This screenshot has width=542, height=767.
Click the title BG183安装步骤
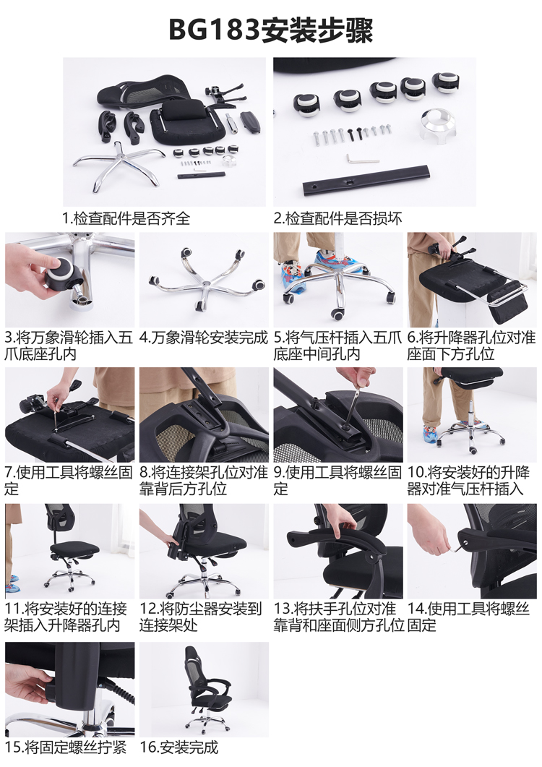click(271, 30)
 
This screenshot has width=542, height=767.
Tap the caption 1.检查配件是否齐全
click(126, 218)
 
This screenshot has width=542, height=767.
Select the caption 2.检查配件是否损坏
click(337, 218)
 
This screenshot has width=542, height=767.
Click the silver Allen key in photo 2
click(363, 159)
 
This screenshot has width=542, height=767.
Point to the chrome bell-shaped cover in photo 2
click(436, 127)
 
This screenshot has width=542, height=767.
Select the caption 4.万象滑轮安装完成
click(204, 338)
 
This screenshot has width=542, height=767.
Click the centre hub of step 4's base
click(204, 286)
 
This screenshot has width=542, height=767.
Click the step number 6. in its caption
click(413, 338)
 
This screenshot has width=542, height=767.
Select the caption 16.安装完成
click(179, 747)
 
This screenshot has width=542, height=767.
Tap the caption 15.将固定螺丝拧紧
click(66, 747)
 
